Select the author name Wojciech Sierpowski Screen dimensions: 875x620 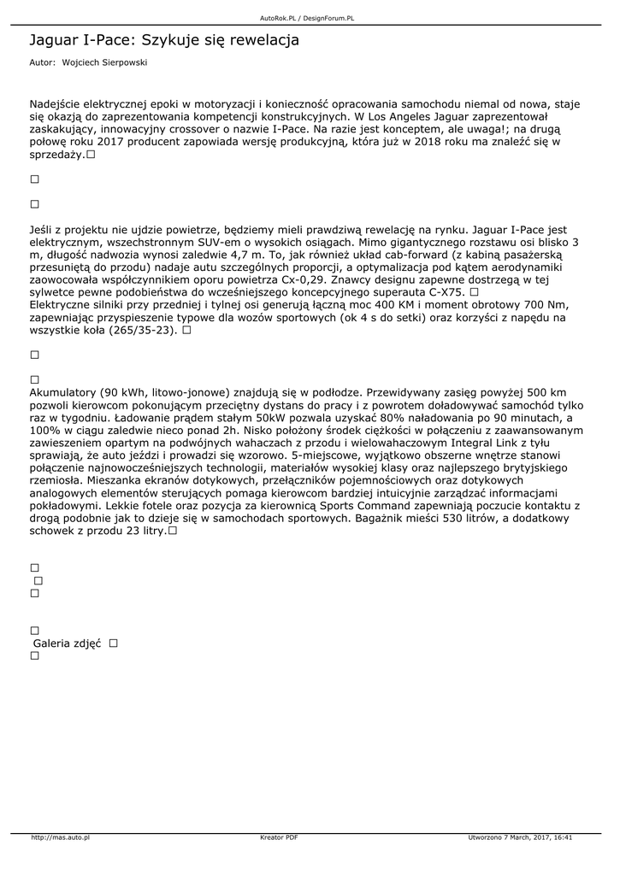98,62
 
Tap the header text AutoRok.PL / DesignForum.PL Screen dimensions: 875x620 307,17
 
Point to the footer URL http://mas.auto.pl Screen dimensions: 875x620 60,837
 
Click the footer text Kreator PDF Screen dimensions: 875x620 279,837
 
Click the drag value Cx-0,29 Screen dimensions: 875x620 304,279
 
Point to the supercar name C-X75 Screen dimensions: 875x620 443,291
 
